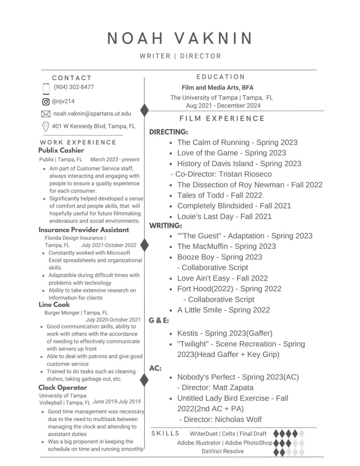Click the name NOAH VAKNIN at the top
point(180,38)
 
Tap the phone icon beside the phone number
point(46,89)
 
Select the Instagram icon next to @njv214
point(46,102)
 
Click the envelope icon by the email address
point(45,114)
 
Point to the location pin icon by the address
point(45,127)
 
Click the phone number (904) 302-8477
point(74,87)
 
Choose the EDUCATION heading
point(221,77)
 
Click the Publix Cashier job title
point(61,150)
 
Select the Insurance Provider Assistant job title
point(83,230)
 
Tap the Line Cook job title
point(54,305)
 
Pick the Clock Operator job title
point(63,388)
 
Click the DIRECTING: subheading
point(169,132)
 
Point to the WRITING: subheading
point(166,225)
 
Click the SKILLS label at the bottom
point(165,433)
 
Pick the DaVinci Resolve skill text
point(223,451)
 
